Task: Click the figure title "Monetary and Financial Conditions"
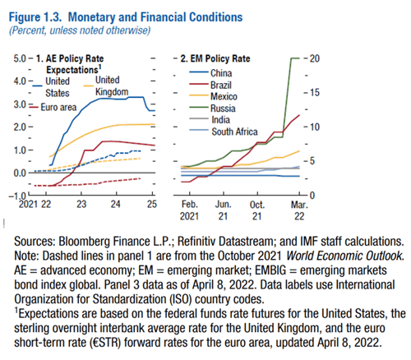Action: [x=155, y=17]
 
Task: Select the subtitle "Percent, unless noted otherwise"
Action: [x=80, y=30]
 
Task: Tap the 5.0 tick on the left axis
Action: [x=20, y=58]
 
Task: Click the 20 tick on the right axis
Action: [x=315, y=58]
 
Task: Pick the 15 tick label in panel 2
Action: [x=315, y=93]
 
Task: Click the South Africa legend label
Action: [x=234, y=132]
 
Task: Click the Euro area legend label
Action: [x=58, y=107]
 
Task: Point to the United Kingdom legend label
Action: [x=112, y=85]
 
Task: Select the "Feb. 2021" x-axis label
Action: [x=189, y=210]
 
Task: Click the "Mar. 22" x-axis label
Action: [x=299, y=210]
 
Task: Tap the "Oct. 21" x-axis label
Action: [x=257, y=210]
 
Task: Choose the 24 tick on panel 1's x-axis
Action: [x=115, y=204]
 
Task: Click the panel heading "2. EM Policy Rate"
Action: [x=215, y=58]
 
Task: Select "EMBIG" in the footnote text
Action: [x=270, y=270]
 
